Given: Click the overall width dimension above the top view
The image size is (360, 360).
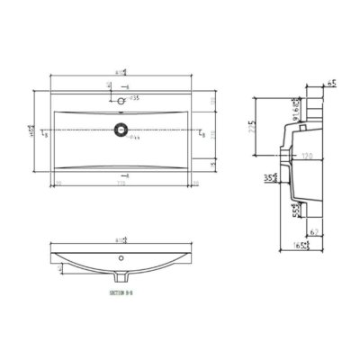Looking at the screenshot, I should tap(121, 72).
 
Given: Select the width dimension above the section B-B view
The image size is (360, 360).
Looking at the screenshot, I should tap(121, 240).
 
